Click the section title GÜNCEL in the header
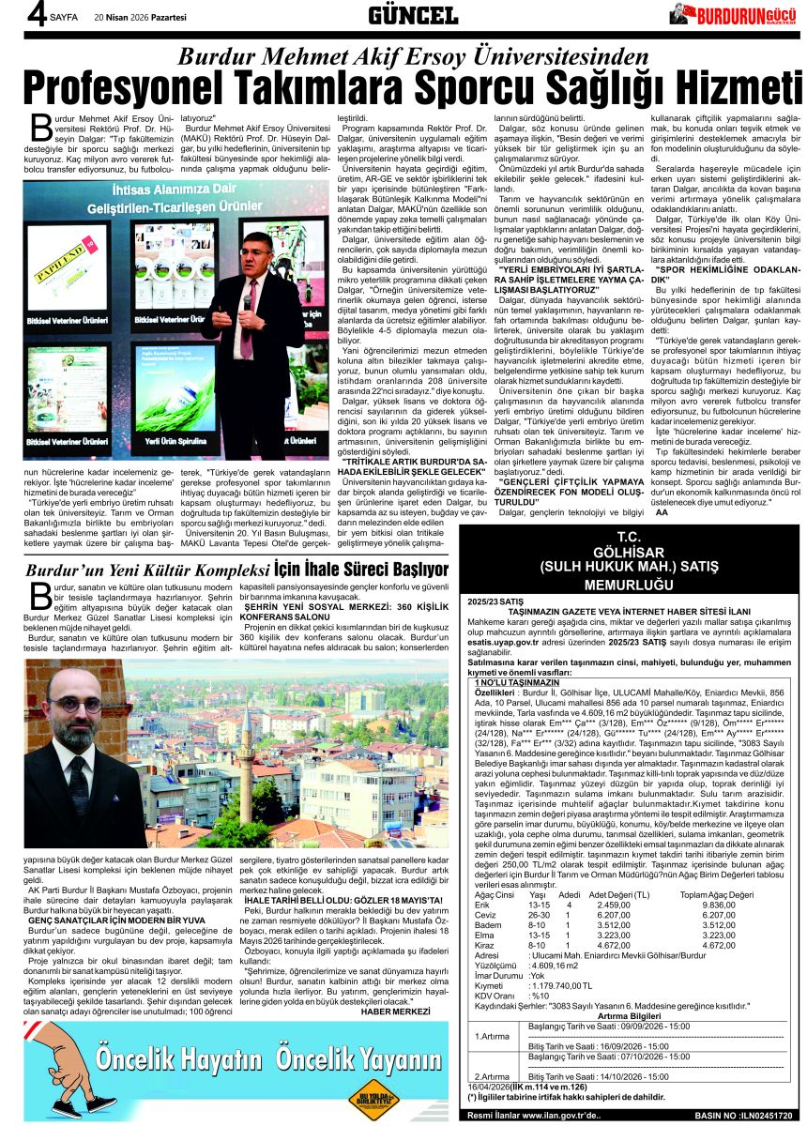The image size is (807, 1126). [x=413, y=14]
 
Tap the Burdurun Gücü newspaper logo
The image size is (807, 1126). [x=736, y=14]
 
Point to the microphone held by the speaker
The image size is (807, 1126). [x=247, y=301]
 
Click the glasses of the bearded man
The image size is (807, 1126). [x=75, y=704]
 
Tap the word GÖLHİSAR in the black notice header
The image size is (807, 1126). [x=629, y=553]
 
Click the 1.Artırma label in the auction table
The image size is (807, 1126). [x=492, y=1036]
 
